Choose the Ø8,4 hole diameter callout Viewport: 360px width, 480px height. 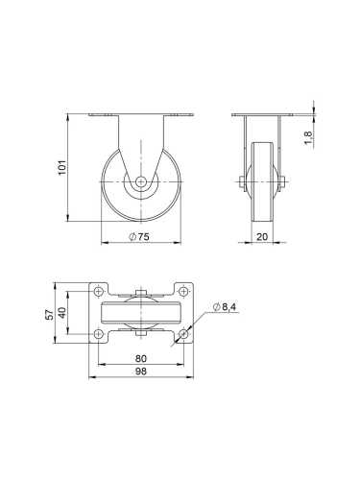click(x=224, y=307)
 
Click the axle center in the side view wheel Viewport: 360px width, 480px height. click(x=141, y=180)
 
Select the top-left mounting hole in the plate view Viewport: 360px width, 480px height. click(x=99, y=291)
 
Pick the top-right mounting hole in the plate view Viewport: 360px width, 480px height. click(x=182, y=291)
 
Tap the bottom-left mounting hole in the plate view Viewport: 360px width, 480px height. click(x=99, y=333)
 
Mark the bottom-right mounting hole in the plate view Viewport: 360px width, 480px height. click(x=182, y=333)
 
